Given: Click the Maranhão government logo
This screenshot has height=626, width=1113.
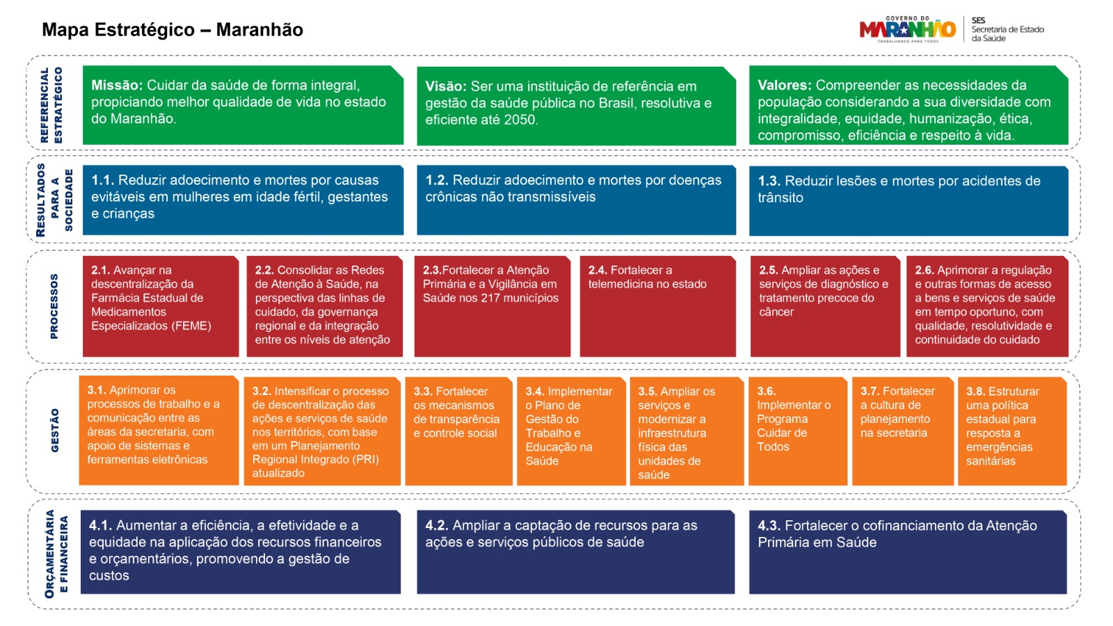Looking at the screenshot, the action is (x=908, y=29).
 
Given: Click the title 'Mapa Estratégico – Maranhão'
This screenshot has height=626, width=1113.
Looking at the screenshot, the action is (x=173, y=30).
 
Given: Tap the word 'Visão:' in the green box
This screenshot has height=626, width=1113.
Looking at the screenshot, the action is (x=446, y=86).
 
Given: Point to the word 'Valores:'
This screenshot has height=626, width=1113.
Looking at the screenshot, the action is (x=785, y=86).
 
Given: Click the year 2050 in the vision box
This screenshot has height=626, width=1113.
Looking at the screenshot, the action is (x=521, y=120).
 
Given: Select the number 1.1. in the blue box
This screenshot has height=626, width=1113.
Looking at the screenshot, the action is (x=102, y=180).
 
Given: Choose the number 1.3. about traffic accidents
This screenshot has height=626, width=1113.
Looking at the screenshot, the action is (x=769, y=181).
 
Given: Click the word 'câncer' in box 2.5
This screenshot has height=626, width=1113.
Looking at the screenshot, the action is (x=776, y=312).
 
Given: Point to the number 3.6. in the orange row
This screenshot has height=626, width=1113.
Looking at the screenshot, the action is (x=766, y=392).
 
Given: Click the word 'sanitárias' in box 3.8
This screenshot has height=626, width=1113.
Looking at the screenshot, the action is (x=991, y=461).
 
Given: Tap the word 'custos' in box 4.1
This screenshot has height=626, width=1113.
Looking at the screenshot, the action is (x=109, y=575).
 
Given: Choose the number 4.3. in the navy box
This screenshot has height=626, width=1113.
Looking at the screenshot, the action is (x=769, y=526).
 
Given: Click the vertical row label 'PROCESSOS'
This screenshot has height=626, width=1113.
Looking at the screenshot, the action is (x=54, y=306).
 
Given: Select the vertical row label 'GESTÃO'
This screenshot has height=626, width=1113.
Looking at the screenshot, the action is (x=55, y=431).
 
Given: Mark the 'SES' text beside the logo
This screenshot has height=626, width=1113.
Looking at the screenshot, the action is (x=978, y=20).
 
